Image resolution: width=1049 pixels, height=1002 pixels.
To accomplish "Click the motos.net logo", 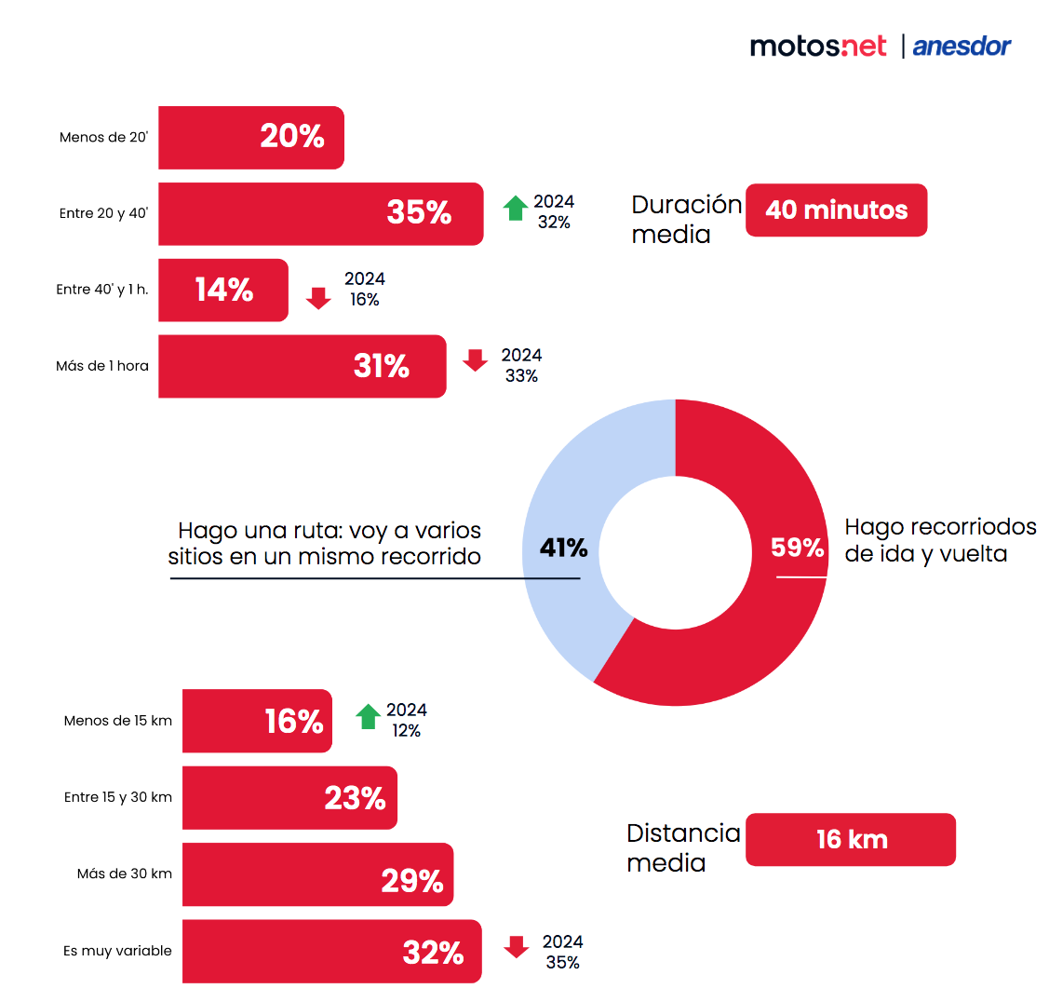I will pos(818,46).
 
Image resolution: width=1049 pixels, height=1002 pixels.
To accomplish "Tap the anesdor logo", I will pos(962,46).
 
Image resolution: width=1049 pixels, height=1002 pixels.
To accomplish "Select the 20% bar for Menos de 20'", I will pos(251,138).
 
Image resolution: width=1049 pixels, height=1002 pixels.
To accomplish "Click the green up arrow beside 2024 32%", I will pos(516,209).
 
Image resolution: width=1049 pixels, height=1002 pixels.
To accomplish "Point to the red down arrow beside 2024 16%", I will pos(319,298).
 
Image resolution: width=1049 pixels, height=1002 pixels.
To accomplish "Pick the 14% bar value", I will pos(224,290).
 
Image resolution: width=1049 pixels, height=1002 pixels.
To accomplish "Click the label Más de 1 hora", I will pos(102,366).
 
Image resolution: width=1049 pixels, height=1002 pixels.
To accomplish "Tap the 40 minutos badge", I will pos(836,210).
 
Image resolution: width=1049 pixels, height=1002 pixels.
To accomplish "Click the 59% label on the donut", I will pos(797,548).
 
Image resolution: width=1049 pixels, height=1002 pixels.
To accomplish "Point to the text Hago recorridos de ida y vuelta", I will pos(939,540).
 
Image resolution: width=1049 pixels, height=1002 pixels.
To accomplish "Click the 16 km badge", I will pos(851,840).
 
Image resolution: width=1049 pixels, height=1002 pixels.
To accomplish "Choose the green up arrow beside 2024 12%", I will pos(369,717).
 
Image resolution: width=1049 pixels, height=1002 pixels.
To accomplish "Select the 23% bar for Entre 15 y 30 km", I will pos(289,798).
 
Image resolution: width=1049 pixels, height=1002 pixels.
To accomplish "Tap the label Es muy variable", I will pos(117,951).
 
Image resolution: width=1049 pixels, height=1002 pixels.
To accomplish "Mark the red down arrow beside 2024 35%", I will pos(517,947).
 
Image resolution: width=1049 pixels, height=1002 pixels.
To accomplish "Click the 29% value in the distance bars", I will pos(412,880).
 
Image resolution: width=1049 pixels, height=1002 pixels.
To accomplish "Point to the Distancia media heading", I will pos(683,847).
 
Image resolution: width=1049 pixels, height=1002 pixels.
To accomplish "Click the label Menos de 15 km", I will pos(118,721).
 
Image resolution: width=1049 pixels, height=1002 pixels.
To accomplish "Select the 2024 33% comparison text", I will pos(521,365).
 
